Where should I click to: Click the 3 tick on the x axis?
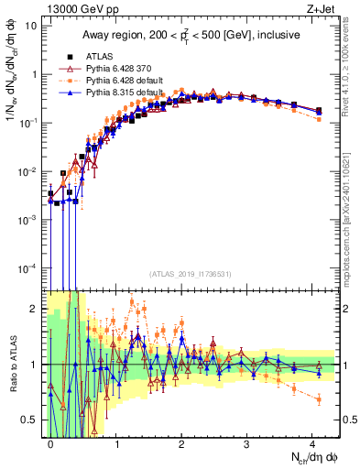(247, 442)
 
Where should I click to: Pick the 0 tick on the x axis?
(51, 442)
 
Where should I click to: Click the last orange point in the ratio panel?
(318, 398)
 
